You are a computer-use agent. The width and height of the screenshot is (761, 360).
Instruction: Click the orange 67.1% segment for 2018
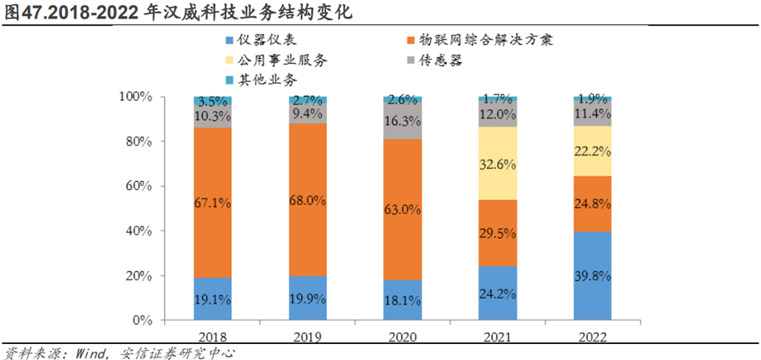pos(213,203)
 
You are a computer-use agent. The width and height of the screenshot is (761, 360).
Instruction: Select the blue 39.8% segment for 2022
pos(592,276)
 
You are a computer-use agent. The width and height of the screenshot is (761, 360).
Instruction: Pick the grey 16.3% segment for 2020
pos(402,121)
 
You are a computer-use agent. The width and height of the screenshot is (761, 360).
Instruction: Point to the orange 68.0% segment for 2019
pos(307,200)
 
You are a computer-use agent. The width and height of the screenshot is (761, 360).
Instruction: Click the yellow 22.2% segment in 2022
pos(592,151)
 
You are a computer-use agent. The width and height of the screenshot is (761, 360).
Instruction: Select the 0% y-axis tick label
pos(140,321)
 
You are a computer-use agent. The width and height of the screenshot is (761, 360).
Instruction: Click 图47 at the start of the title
pos(20,14)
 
